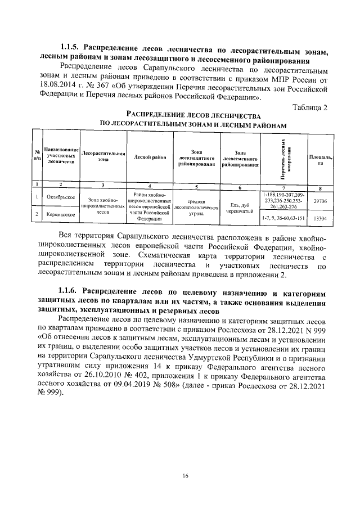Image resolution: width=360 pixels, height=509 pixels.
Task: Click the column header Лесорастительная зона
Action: pyautogui.click(x=102, y=156)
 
